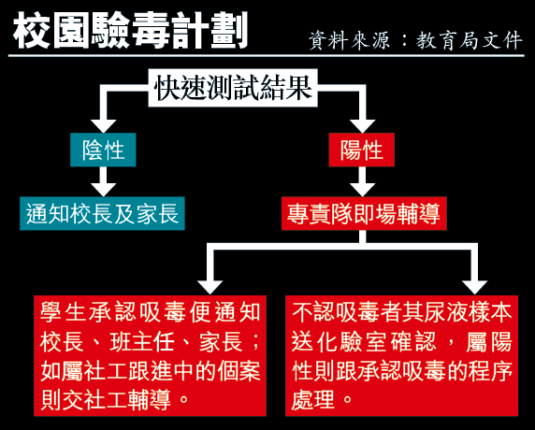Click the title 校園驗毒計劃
click(130, 31)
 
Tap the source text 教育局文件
click(470, 40)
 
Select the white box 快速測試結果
click(233, 88)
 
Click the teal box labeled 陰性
click(103, 150)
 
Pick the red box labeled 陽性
click(362, 150)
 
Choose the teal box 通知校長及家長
click(102, 213)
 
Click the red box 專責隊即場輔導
click(364, 213)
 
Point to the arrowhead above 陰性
click(103, 126)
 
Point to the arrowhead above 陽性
click(362, 126)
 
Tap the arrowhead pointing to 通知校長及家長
click(103, 190)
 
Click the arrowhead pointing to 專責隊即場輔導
click(362, 190)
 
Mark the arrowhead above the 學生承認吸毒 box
click(210, 288)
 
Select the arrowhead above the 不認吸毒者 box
click(474, 288)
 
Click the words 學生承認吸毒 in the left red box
click(113, 312)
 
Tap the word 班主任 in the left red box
click(142, 342)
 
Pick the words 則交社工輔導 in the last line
click(106, 400)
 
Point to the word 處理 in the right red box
click(313, 400)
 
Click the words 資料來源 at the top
click(350, 40)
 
